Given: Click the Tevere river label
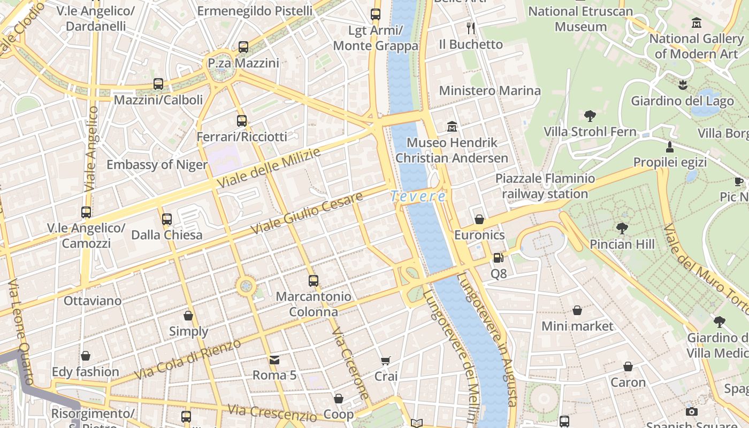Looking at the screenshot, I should pos(418,196).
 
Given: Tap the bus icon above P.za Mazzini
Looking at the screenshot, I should pos(243,47).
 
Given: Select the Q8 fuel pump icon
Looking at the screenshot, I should pos(498,258).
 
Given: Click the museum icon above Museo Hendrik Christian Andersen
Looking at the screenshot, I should pos(452,127).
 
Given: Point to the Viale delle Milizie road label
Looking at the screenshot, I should pos(269,168).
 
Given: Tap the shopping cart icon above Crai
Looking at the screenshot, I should pos(386,361).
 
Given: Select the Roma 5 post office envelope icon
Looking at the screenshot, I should pos(274,360).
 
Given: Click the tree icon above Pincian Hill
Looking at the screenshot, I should pos(622,228).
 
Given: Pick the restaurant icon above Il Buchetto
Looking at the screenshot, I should pos(471,28).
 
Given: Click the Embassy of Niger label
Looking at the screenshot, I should pos(157,164).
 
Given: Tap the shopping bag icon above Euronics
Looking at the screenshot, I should pos(479,219).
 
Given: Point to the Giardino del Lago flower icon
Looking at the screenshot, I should pos(682,85).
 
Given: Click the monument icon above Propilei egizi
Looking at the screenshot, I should pos(669,147).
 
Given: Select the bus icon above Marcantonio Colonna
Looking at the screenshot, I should pos(314,280).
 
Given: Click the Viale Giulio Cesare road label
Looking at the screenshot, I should pos(307,212).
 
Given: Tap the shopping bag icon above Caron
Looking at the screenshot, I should pos(628,367).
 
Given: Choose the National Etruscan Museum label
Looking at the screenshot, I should pos(580,19).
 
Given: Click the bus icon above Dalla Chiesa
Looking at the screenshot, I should pos(167,219).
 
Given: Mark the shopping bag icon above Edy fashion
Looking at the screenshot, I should pos(86,356).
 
